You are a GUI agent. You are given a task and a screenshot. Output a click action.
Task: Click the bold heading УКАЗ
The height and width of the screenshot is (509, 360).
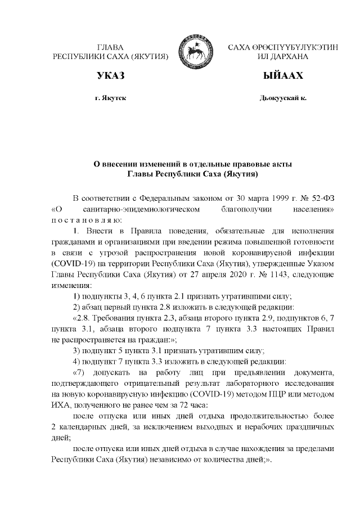(110, 76)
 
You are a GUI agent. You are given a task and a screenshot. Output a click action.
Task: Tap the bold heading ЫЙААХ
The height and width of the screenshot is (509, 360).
(283, 76)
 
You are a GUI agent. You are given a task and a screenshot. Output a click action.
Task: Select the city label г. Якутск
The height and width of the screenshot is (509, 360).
(110, 98)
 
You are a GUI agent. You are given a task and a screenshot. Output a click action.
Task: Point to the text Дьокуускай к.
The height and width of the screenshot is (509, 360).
(283, 98)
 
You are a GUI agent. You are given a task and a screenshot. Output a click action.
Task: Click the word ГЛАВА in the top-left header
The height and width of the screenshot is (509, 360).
(110, 48)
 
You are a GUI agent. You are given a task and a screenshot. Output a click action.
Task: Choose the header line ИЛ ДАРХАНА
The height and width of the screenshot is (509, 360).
(283, 57)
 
